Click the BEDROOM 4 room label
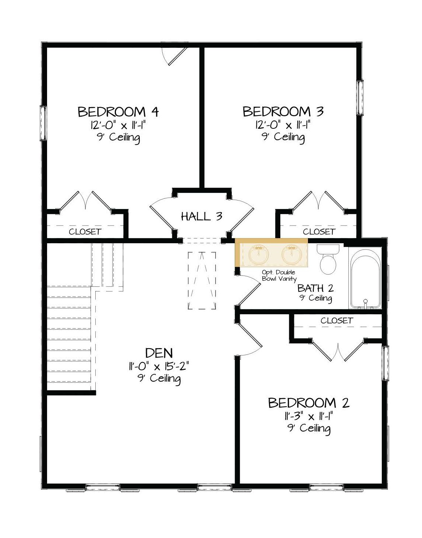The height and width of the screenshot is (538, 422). coord(118,112)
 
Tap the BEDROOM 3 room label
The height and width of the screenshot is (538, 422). coord(283,112)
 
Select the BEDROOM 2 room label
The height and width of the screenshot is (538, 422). coord(309,403)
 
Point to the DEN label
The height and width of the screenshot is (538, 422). coord(159,353)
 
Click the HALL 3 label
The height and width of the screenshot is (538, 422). coord(202,217)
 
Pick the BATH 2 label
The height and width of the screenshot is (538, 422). coord(315,288)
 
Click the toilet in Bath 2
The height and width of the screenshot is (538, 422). coord(328,259)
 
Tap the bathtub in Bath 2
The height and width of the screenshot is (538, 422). coord(365,279)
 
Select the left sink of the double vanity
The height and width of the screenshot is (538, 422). coord(258,255)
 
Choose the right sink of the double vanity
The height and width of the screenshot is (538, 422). coord(291,255)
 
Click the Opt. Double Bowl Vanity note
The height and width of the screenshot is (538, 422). coord(279,276)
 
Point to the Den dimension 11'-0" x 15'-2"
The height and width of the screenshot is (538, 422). coord(159,366)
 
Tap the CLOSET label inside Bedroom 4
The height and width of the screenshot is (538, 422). coord(85,232)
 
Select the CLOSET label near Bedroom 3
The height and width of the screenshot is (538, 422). coord(319,232)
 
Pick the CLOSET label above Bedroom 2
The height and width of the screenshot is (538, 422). coord(337,321)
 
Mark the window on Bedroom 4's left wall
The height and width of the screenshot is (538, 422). coord(43,123)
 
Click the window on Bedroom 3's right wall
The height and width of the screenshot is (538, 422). coord(360,98)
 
